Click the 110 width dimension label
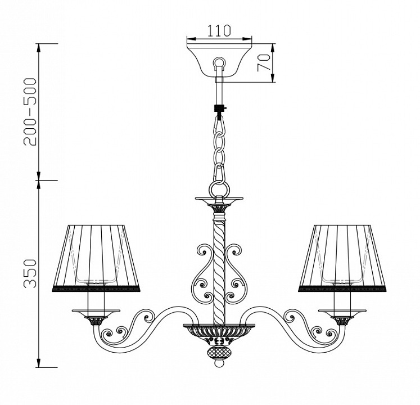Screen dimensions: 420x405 [x=219, y=30]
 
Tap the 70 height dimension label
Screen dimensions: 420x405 [x=263, y=63]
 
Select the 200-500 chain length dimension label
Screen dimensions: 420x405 [x=29, y=112]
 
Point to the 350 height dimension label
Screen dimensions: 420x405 [x=29, y=273]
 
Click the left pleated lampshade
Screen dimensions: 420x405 [x=96, y=258]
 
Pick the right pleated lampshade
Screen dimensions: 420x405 [x=342, y=258]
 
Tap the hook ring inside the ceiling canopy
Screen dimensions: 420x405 [x=219, y=63]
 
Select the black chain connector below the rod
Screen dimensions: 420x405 [x=220, y=109]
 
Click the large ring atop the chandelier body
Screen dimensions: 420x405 [x=219, y=188]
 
